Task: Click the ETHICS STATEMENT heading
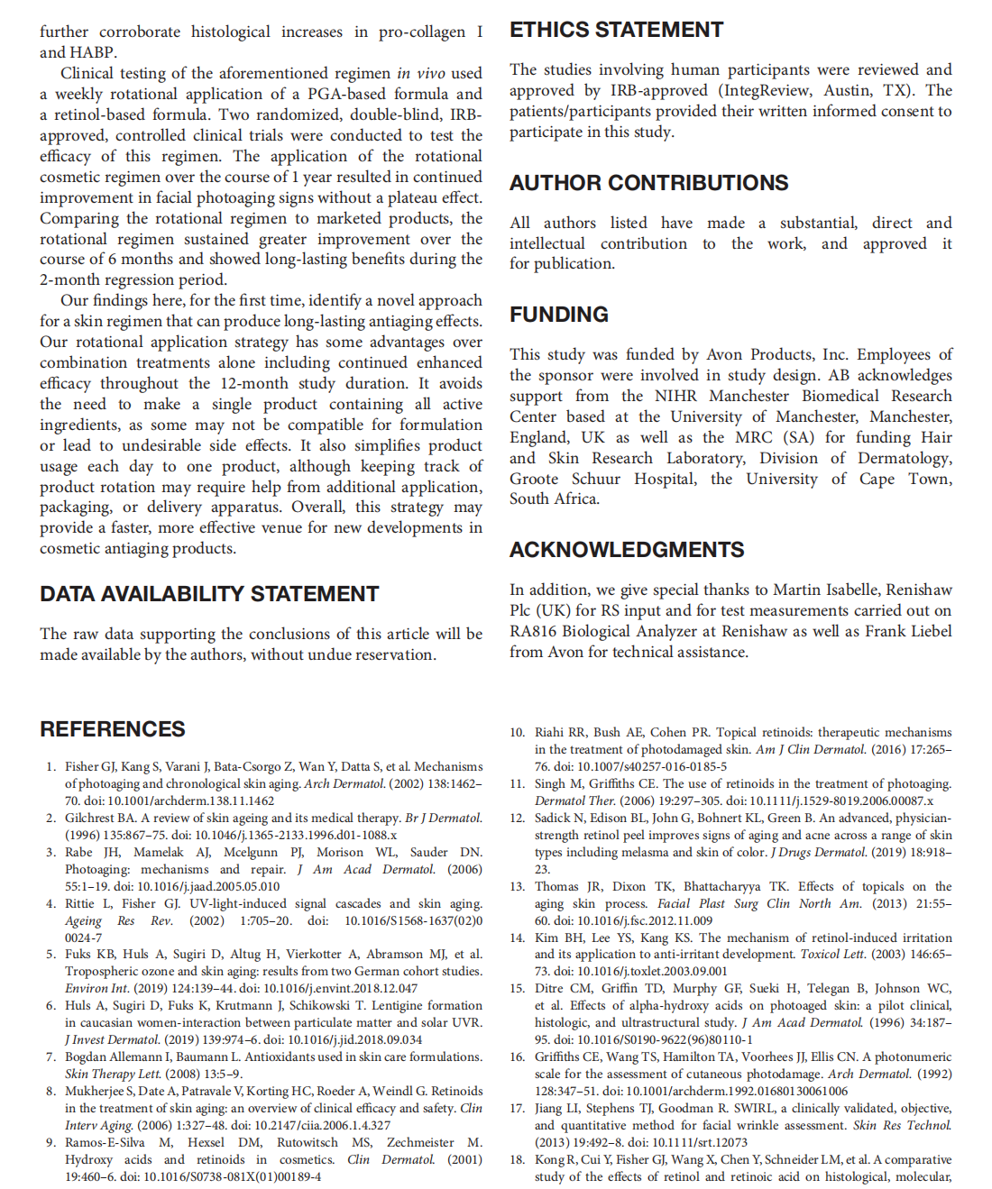[x=616, y=30]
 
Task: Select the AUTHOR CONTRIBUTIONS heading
[x=648, y=183]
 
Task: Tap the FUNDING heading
[x=558, y=315]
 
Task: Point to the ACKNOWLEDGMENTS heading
[x=627, y=550]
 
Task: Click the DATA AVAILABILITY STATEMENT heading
[x=209, y=594]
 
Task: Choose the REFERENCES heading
[x=113, y=729]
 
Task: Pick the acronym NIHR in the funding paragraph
[x=675, y=396]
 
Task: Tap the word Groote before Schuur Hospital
[x=534, y=479]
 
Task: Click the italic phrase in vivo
[x=420, y=73]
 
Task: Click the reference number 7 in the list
[x=51, y=1056]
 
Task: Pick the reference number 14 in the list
[x=517, y=937]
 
